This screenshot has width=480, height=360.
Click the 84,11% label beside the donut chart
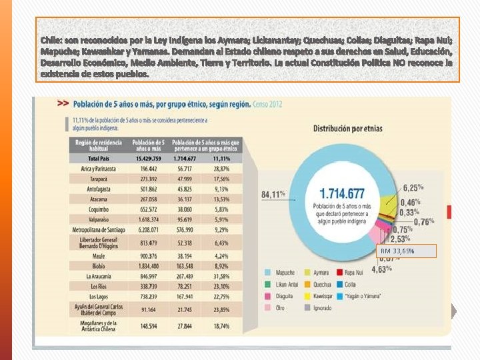[273, 195]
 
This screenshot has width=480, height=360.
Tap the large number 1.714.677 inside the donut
[342, 194]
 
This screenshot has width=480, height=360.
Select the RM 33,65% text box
[407, 251]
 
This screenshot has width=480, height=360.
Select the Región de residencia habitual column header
[98, 145]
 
